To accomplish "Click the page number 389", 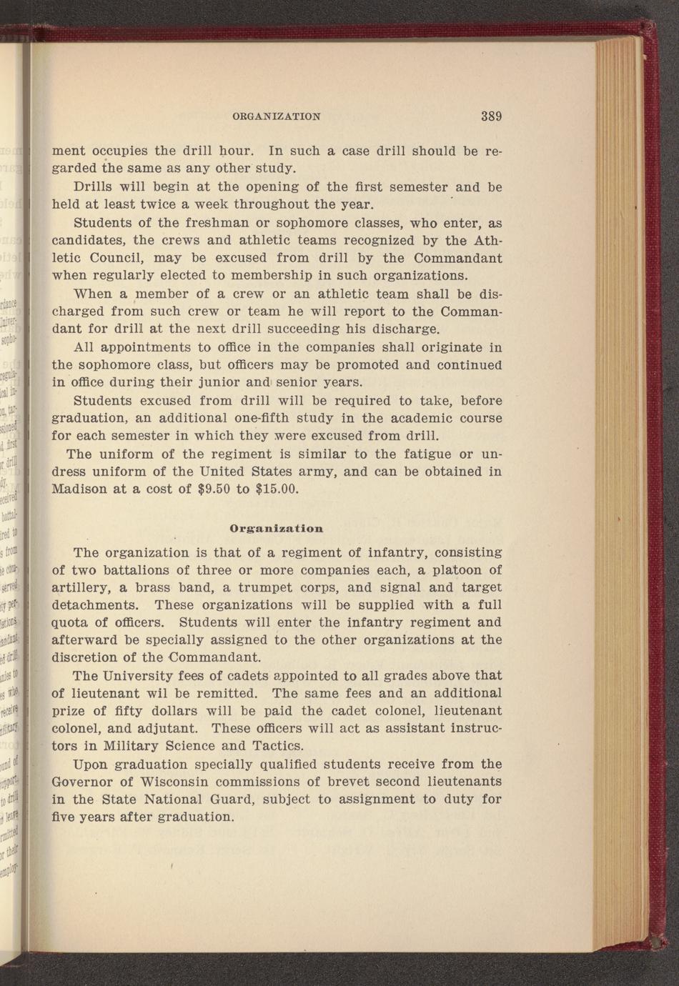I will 491,116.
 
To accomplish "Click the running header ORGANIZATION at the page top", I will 277,116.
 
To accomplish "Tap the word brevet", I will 339,782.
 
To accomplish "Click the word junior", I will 216,382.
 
